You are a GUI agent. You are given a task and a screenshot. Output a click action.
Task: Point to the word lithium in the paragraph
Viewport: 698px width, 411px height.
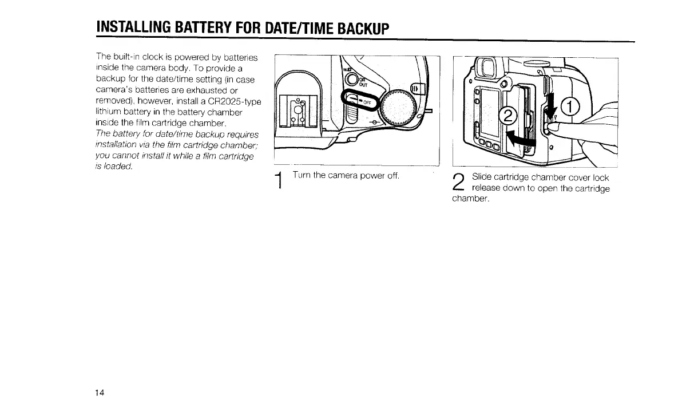[109, 113]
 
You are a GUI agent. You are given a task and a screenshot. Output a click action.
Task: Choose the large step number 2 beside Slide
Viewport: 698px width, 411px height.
[458, 183]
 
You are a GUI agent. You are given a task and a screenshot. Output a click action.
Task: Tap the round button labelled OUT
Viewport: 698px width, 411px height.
[353, 81]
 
